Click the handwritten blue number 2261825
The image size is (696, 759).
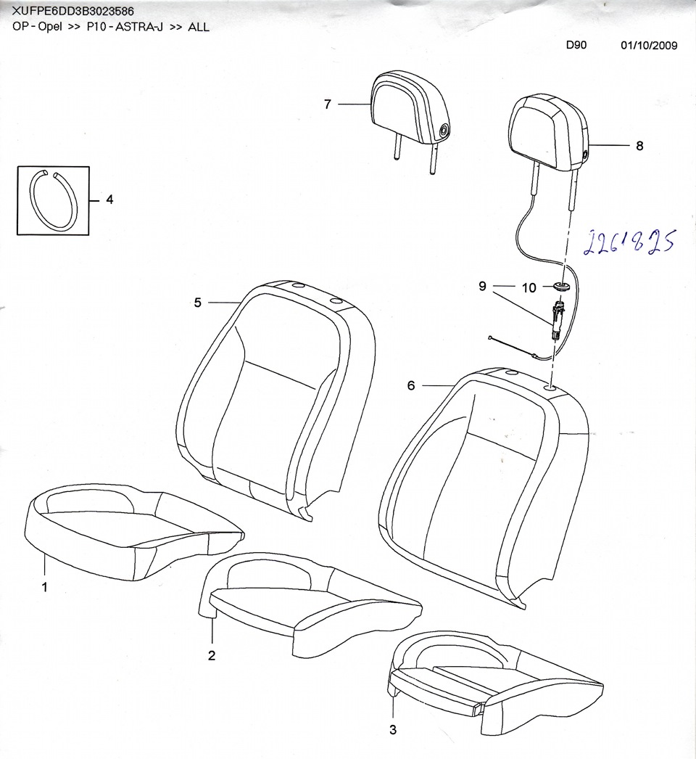pyautogui.click(x=629, y=242)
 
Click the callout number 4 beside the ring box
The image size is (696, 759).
pyautogui.click(x=109, y=200)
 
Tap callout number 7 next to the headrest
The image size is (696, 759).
pyautogui.click(x=328, y=104)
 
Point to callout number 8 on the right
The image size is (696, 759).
pyautogui.click(x=639, y=146)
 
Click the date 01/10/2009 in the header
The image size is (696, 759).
pyautogui.click(x=649, y=46)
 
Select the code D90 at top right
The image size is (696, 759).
pyautogui.click(x=576, y=45)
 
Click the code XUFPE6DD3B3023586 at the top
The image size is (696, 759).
pyautogui.click(x=72, y=10)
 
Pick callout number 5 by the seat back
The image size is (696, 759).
pyautogui.click(x=197, y=303)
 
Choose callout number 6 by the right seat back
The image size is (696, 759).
pyautogui.click(x=410, y=385)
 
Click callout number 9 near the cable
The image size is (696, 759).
pyautogui.click(x=482, y=286)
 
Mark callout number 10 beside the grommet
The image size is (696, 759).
pyautogui.click(x=529, y=288)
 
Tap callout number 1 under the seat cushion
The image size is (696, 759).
pyautogui.click(x=44, y=587)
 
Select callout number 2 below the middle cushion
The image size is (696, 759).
pyautogui.click(x=212, y=655)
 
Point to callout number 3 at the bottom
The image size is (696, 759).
pyautogui.click(x=393, y=729)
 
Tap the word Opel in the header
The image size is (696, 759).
pyautogui.click(x=50, y=27)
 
